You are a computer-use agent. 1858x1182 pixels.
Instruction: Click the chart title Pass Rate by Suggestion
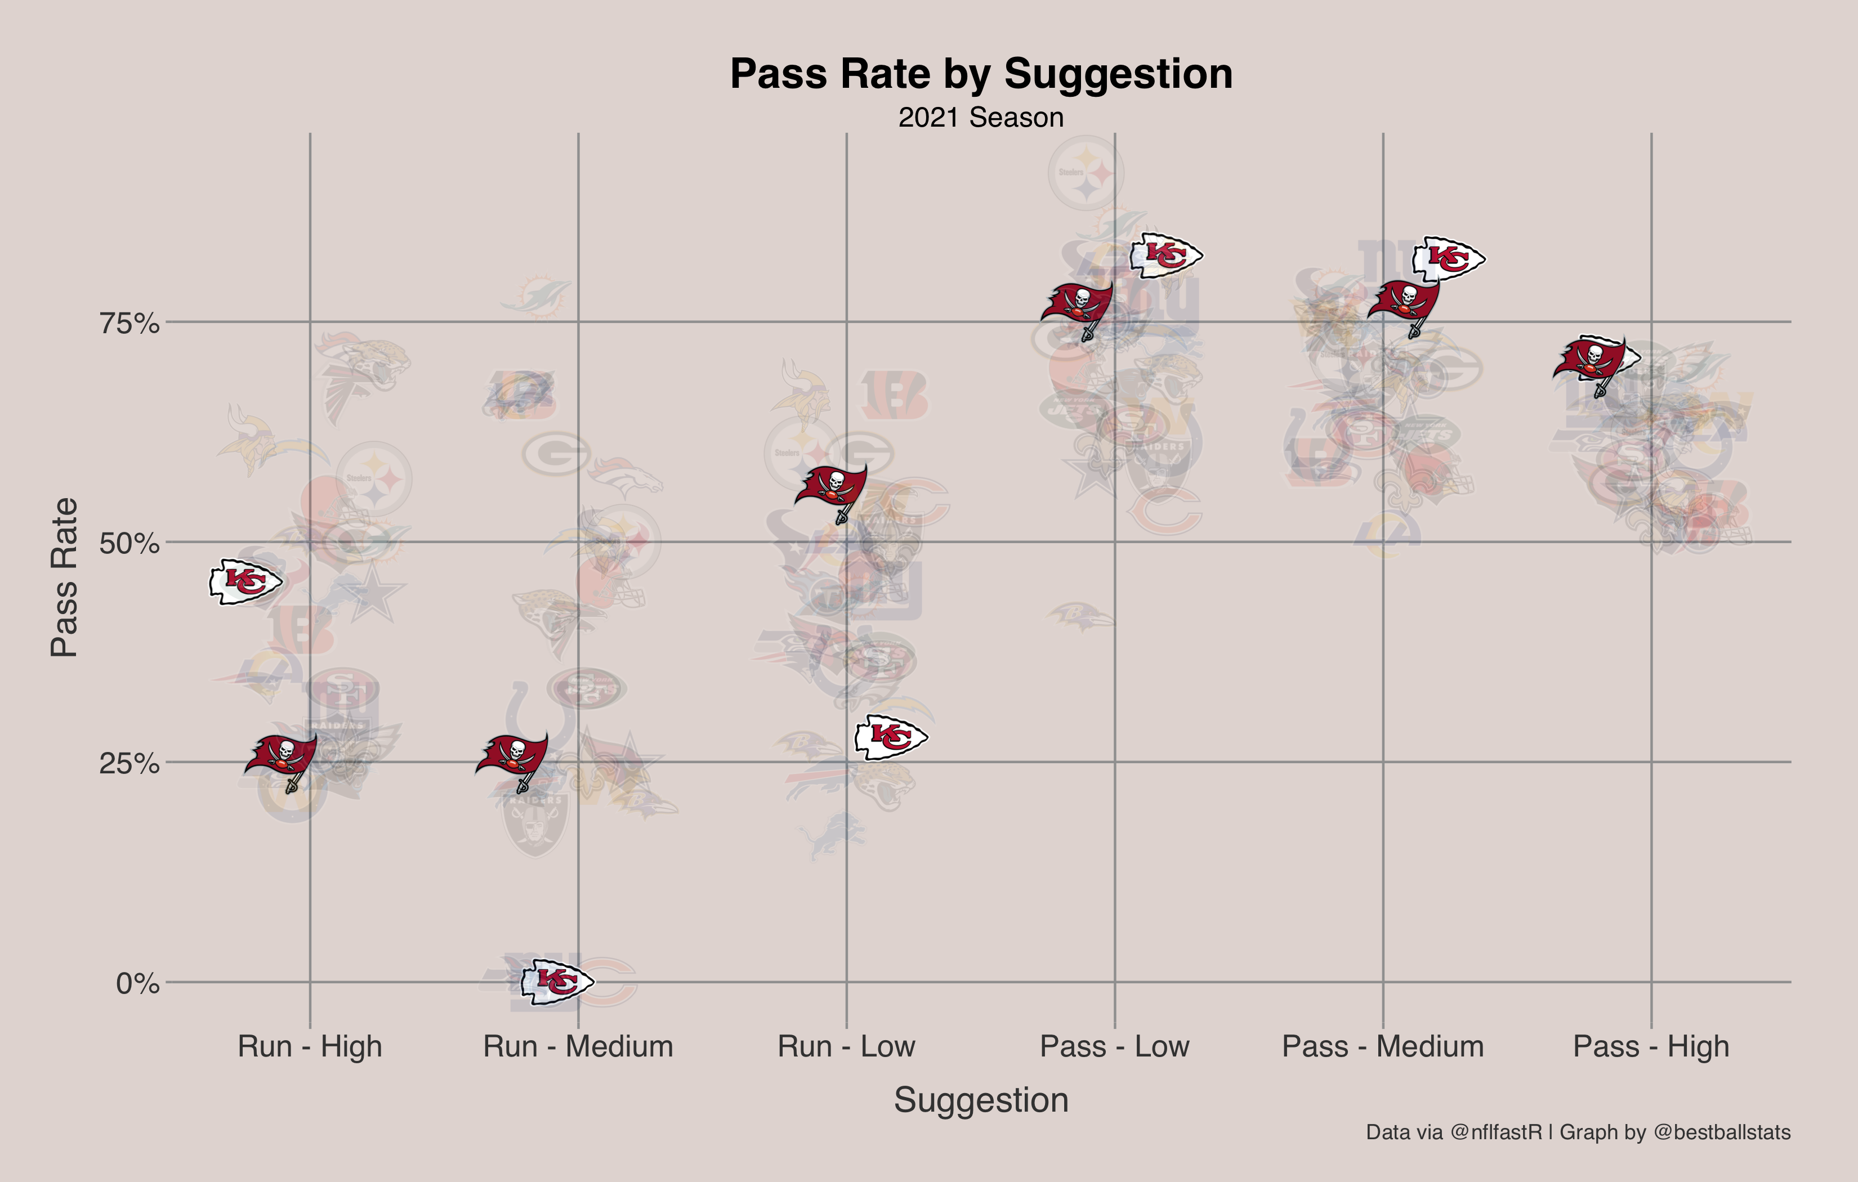coord(981,74)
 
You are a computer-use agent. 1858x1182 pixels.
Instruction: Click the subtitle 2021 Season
coord(981,117)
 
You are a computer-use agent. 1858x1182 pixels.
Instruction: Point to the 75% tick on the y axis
coord(129,323)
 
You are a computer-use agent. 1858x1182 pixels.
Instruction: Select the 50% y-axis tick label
coord(129,543)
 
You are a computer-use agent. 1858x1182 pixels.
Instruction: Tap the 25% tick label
coord(129,764)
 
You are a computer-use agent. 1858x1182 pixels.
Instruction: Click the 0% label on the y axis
coord(137,984)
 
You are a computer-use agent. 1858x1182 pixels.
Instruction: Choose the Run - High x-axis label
coord(310,1046)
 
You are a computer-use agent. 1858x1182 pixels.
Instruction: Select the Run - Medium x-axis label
coord(578,1046)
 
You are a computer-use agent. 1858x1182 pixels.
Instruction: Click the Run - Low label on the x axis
coord(846,1046)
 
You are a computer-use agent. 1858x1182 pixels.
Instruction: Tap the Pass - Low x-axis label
coord(1114,1046)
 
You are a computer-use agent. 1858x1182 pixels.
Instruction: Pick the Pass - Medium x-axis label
coord(1383,1046)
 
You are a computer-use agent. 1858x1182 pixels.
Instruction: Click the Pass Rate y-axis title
coord(64,577)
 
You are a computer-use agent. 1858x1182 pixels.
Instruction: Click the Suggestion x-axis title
coord(981,1099)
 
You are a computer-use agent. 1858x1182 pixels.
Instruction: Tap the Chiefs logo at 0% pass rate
coord(556,982)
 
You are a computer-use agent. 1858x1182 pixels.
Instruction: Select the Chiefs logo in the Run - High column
coord(245,582)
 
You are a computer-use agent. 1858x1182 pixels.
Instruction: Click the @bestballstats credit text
coord(1721,1132)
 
